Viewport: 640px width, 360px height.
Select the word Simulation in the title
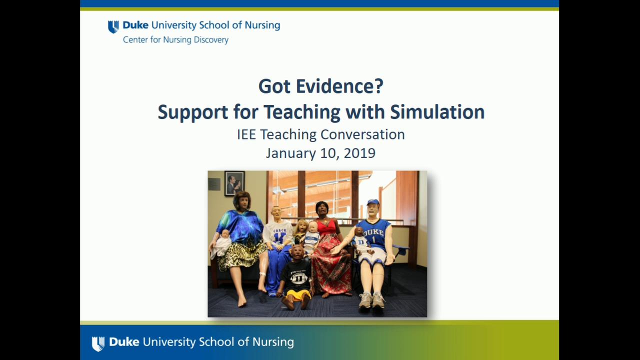(437, 112)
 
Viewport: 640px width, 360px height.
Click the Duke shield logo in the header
(113, 26)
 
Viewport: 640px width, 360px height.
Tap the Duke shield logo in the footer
(98, 343)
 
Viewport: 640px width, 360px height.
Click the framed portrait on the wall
(234, 183)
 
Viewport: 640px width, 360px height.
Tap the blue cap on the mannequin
(373, 202)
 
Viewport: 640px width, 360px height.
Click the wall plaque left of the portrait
(214, 184)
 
